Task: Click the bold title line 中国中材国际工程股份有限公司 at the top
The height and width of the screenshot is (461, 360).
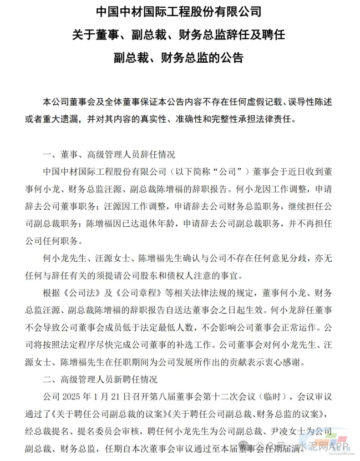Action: (x=179, y=11)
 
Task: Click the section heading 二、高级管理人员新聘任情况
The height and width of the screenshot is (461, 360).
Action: (x=100, y=380)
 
